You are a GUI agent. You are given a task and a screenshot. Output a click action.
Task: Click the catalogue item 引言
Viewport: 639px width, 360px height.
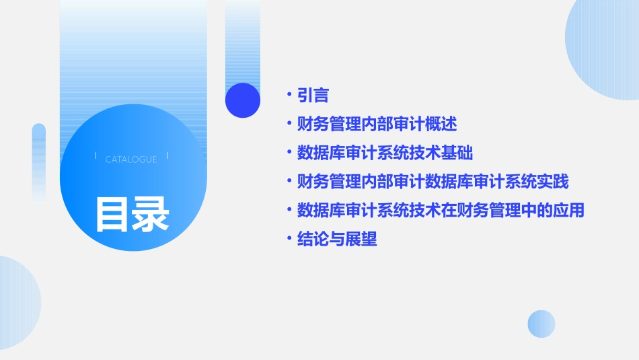(313, 96)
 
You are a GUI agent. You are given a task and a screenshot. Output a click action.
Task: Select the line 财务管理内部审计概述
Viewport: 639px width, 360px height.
(377, 124)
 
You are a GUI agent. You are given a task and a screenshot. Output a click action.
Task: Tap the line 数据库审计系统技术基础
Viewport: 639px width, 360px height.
(385, 153)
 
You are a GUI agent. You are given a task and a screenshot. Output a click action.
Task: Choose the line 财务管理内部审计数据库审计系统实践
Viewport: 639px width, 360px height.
(433, 182)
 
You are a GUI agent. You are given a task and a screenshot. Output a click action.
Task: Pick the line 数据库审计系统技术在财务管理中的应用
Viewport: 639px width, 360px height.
(441, 210)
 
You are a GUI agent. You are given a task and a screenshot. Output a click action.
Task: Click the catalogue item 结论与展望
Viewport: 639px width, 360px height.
(337, 239)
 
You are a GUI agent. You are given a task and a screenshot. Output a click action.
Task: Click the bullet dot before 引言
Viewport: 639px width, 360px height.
(289, 96)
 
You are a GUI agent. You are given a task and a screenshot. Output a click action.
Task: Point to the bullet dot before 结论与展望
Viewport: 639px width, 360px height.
(289, 239)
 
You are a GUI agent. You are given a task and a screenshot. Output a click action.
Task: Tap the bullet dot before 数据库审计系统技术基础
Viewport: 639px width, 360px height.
(289, 153)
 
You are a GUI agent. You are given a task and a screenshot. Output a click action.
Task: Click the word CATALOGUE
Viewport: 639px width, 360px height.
(131, 159)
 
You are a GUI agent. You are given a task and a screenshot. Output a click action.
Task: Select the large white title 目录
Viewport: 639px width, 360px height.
(132, 214)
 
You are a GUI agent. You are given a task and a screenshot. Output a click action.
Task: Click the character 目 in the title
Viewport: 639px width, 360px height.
(112, 214)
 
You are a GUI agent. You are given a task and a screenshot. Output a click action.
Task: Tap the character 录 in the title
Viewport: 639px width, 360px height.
(151, 214)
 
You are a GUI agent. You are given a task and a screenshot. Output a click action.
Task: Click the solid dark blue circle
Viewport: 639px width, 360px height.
(243, 100)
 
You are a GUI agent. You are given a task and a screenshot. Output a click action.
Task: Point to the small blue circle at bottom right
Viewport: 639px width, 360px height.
(541, 324)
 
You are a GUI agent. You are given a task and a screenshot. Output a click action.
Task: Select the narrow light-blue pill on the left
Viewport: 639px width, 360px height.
(39, 161)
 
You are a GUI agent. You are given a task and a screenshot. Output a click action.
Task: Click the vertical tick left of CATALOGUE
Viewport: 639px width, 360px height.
(96, 155)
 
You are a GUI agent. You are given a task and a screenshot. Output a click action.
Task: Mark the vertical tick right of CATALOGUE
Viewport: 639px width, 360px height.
(167, 155)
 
